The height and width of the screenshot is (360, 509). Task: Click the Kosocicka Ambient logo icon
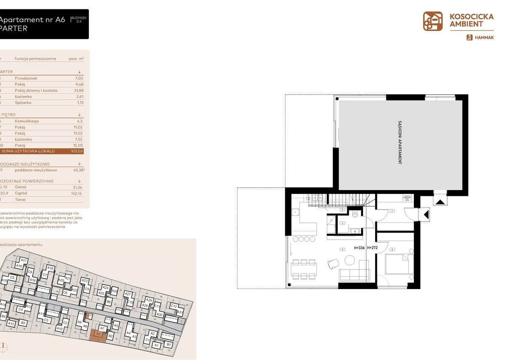(433, 21)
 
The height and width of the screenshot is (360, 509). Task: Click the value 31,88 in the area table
(77, 91)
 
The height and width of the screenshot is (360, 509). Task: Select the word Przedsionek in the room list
(26, 78)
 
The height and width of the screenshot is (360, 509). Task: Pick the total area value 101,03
(77, 151)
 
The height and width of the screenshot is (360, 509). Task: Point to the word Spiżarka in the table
(23, 102)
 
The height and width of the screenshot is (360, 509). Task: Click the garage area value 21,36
(77, 187)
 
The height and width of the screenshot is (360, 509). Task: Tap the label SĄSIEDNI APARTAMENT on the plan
(400, 143)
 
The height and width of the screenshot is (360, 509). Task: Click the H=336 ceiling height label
(360, 247)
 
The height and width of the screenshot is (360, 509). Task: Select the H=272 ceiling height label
(372, 247)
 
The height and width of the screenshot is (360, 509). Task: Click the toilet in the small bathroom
(354, 215)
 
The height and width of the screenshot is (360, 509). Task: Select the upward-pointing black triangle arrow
(440, 201)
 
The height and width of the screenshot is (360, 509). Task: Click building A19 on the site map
(50, 269)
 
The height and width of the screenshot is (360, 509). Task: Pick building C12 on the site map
(173, 306)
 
